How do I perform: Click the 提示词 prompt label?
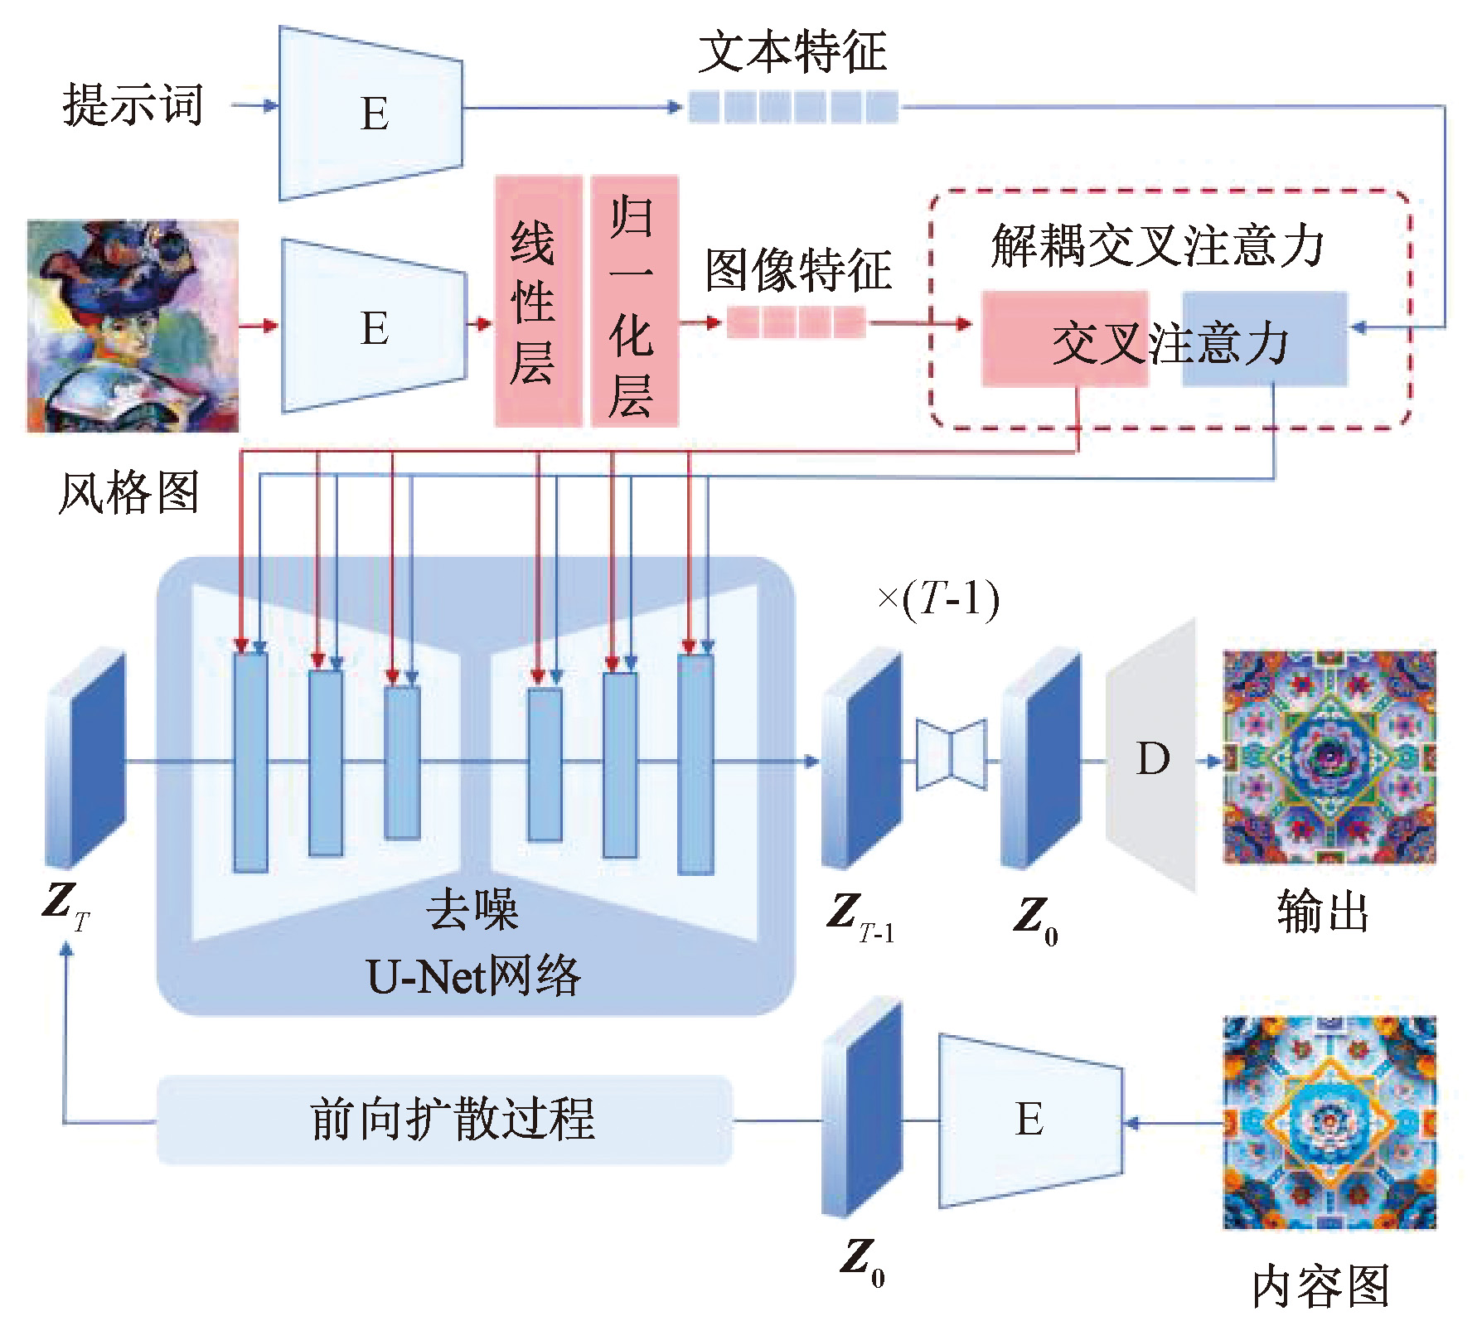coord(133,106)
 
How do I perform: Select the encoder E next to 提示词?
coord(373,114)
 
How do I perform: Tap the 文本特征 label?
coord(792,51)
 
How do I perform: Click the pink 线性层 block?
coord(538,302)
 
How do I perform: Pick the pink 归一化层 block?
coord(634,302)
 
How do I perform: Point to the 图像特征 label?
coord(797,269)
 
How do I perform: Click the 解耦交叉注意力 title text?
coord(1156,246)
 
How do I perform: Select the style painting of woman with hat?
coord(133,326)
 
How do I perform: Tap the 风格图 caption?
coord(128,493)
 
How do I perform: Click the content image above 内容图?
coord(1329,1123)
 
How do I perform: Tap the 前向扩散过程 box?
coord(445,1120)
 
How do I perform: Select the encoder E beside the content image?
coord(1030,1120)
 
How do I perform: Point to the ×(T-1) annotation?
coord(938,598)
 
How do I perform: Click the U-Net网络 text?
coord(473,976)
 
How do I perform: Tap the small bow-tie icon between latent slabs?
coord(952,754)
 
